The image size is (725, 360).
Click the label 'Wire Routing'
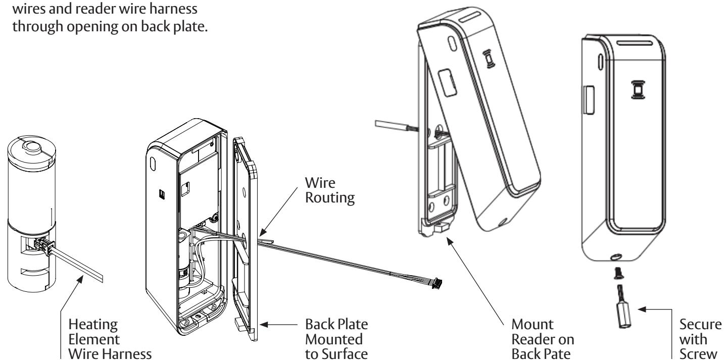point(330,190)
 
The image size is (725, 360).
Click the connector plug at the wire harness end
point(437,283)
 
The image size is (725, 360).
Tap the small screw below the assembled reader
point(619,273)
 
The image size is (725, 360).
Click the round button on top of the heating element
point(32,146)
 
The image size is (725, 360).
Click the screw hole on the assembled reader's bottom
point(615,257)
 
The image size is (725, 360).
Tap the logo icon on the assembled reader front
point(638,89)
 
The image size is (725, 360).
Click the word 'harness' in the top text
point(173,9)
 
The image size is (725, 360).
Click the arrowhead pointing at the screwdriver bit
point(642,310)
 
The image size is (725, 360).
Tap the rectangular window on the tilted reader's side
point(447,82)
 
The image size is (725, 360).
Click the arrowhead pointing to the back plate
point(264,325)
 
